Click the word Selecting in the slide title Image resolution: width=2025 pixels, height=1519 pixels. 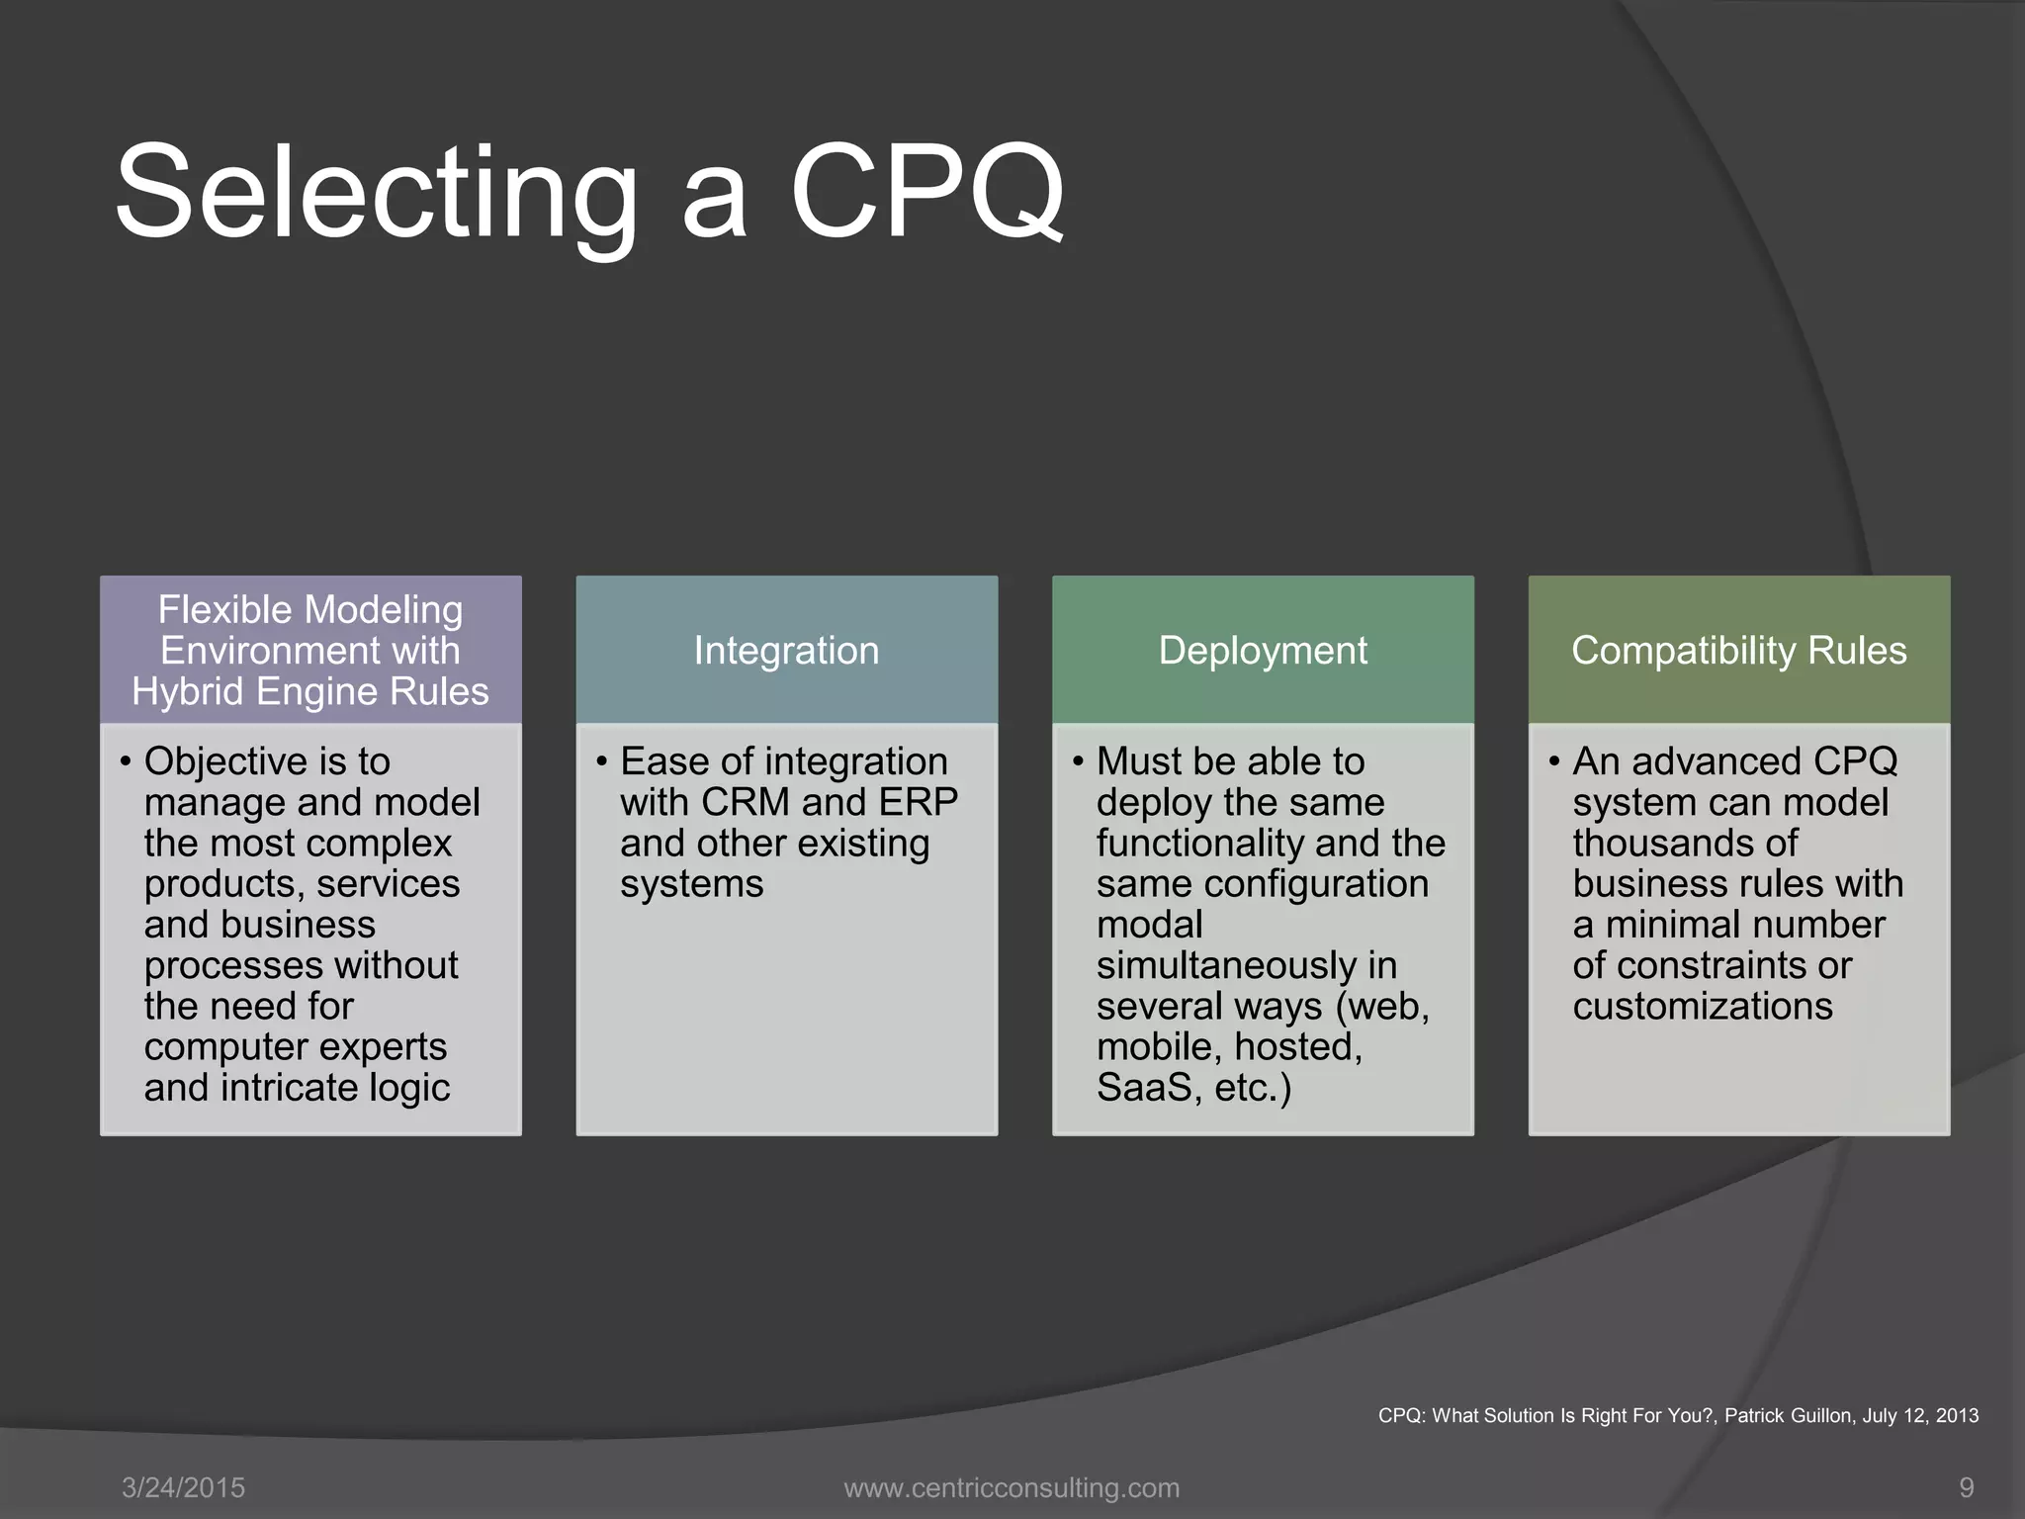376,193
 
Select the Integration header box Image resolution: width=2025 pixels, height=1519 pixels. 786,651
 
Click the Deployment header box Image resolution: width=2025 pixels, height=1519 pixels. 1263,651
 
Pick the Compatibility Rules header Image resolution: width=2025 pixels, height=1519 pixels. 1738,651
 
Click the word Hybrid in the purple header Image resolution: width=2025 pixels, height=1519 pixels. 189,692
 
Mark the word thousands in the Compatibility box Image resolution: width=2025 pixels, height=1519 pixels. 1685,844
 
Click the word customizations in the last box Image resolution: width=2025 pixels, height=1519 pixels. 1703,1007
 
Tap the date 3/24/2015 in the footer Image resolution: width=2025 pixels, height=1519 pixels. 183,1487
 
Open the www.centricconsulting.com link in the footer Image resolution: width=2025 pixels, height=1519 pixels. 1012,1487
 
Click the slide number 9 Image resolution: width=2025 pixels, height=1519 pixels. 1967,1487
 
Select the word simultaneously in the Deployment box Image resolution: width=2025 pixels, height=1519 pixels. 1246,966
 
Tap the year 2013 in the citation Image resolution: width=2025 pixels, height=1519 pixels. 1957,1415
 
